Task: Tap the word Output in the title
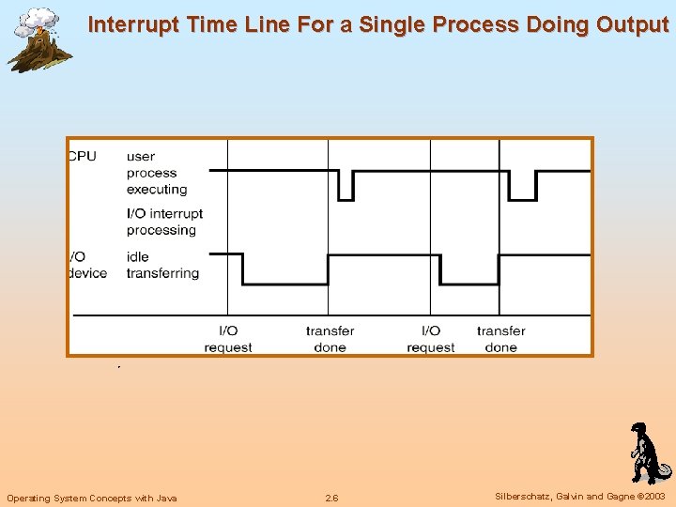[630, 24]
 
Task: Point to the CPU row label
[83, 156]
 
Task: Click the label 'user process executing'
[156, 173]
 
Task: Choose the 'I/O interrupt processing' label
[164, 222]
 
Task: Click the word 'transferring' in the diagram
[162, 273]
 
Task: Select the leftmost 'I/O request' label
[228, 339]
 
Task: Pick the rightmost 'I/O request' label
[431, 339]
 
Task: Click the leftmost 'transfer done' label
[330, 339]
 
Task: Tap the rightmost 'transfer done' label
[500, 339]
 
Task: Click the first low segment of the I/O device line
[284, 284]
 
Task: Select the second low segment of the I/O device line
[469, 284]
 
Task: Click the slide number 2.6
[331, 498]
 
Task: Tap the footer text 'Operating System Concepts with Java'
[92, 498]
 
